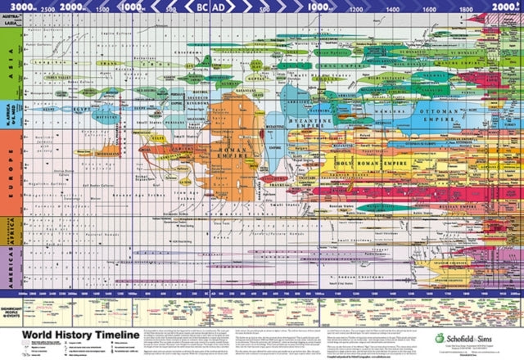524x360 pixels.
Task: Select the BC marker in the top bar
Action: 202,7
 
